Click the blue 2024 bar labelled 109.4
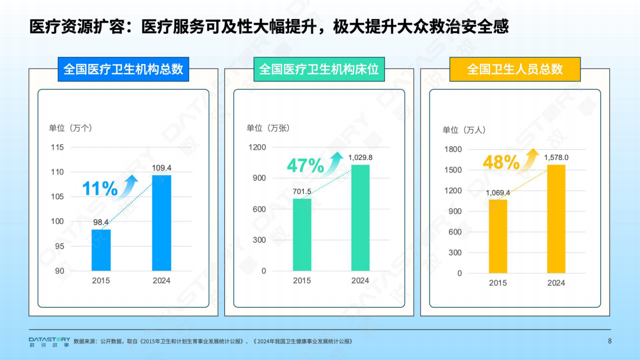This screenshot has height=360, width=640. (162, 223)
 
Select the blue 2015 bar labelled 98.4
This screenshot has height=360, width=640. (101, 250)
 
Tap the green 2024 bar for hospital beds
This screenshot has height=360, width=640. (360, 218)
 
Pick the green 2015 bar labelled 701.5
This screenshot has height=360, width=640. (302, 234)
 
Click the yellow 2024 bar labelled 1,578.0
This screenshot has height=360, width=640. (556, 219)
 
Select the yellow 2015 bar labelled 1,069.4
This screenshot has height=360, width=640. (498, 236)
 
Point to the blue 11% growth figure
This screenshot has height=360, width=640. (100, 189)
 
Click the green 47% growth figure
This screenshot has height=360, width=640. (305, 166)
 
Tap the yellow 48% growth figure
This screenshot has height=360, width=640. (501, 163)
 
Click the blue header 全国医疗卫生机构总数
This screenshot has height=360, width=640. (123, 69)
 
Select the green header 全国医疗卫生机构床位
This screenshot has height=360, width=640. (319, 69)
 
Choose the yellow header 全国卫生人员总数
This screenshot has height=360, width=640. (515, 69)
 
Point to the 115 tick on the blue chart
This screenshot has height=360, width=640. (57, 148)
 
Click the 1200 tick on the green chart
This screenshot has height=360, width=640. (257, 148)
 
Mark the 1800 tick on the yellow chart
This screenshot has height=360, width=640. (453, 149)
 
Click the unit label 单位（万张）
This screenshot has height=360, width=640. (268, 128)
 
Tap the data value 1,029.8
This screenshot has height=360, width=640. (360, 157)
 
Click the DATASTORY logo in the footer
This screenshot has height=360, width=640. (50, 341)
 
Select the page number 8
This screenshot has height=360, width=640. (610, 341)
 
